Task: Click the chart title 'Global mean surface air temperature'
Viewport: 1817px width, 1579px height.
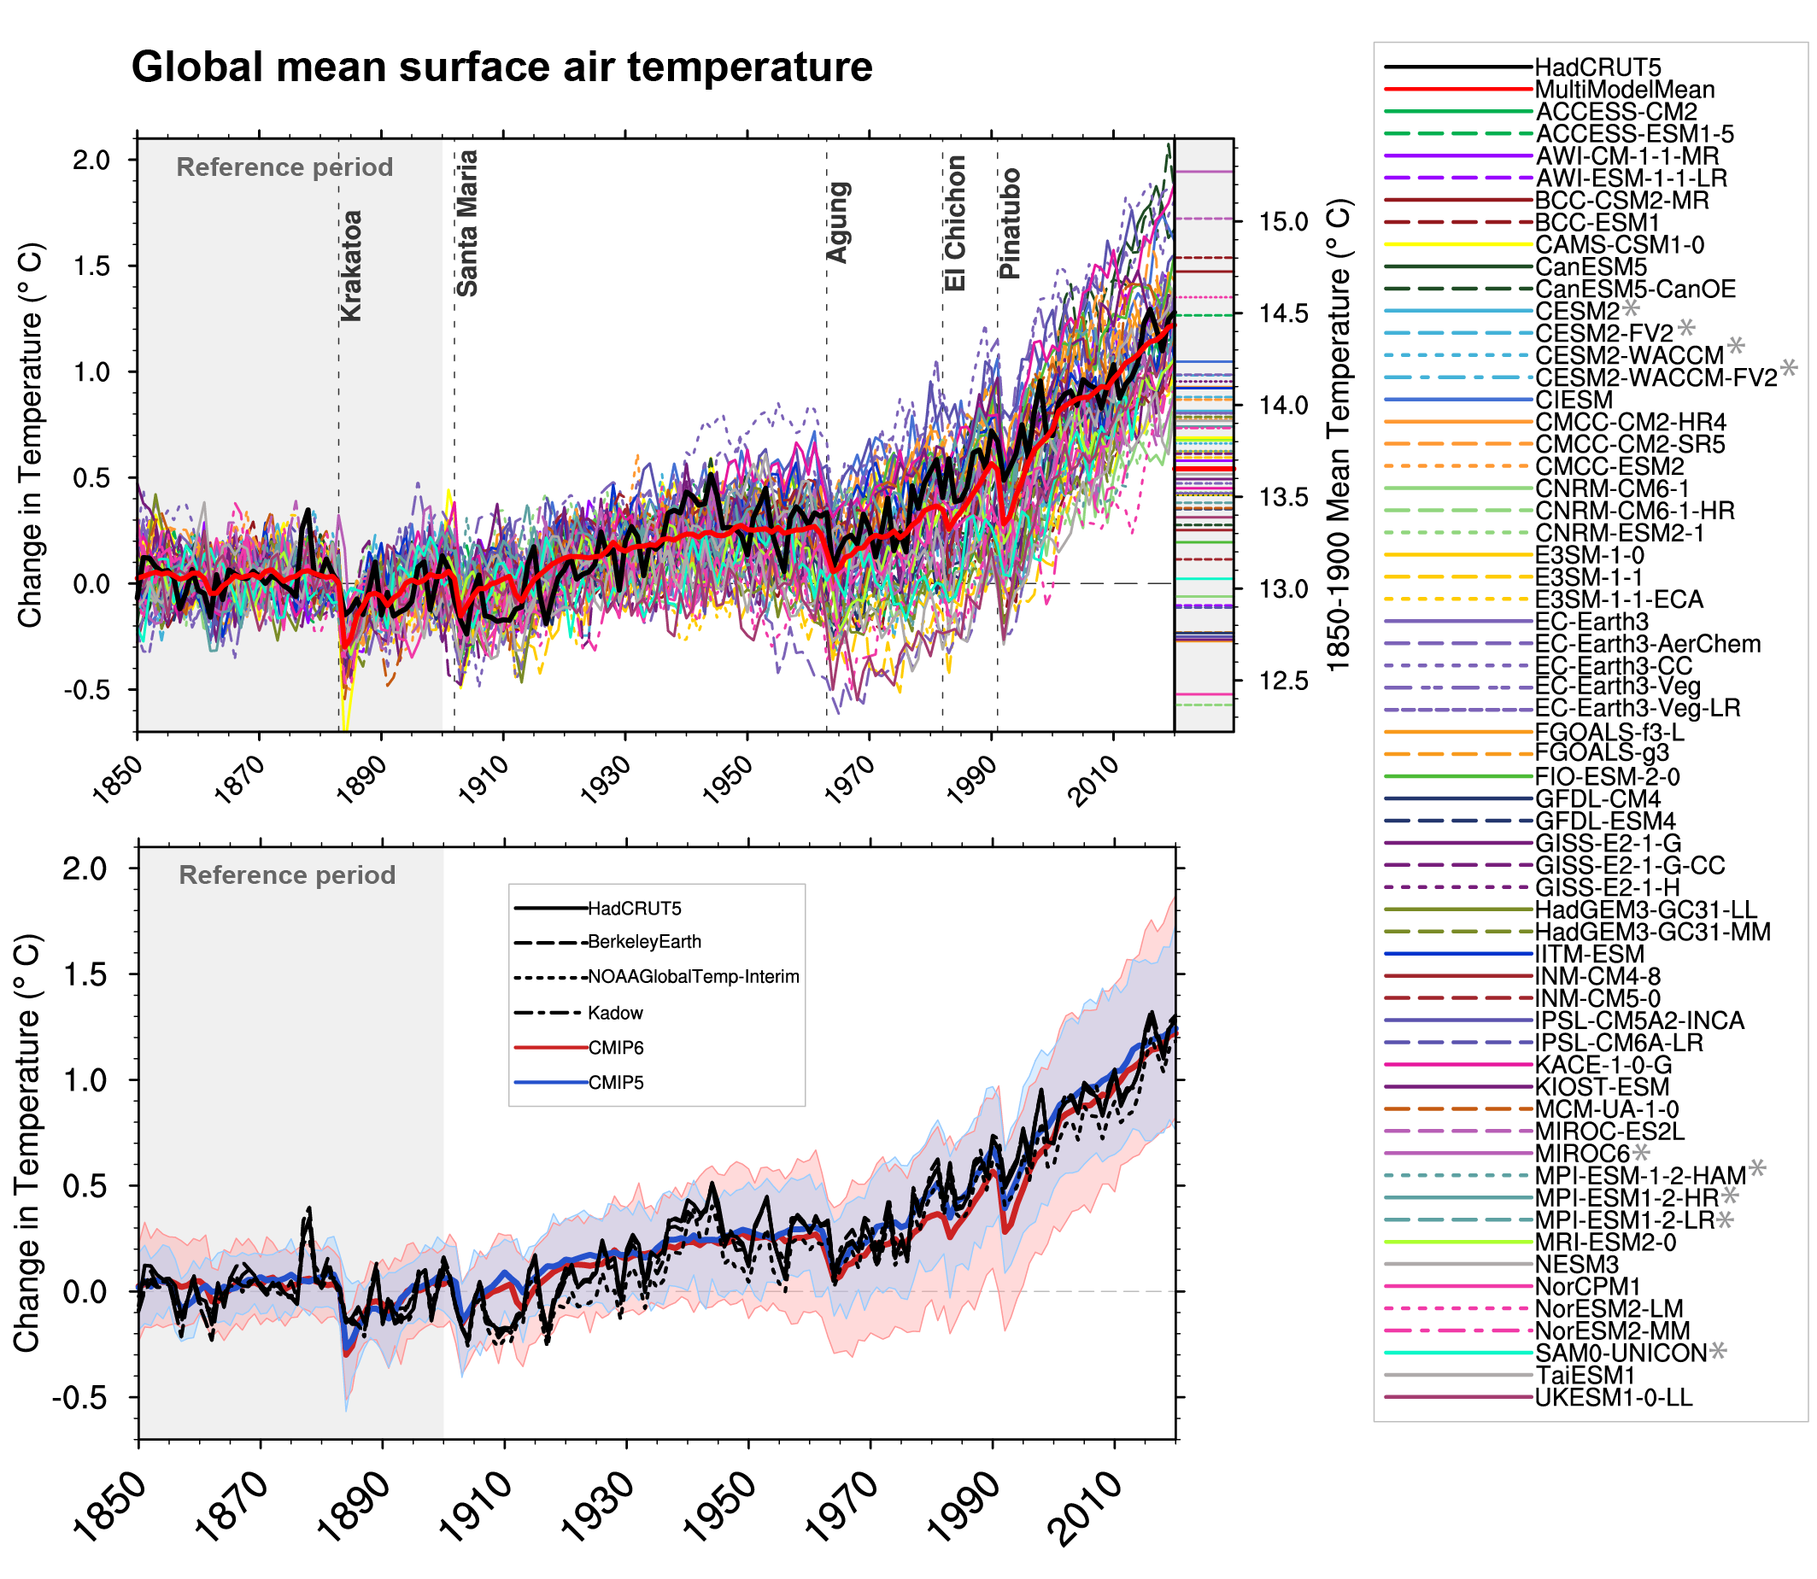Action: (501, 67)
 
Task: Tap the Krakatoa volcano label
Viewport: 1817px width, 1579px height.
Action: (351, 266)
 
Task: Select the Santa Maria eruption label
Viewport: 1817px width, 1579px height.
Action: (467, 223)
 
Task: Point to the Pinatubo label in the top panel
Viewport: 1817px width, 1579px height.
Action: (1010, 224)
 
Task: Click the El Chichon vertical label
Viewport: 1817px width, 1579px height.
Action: (955, 223)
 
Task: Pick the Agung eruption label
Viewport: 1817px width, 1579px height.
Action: (838, 222)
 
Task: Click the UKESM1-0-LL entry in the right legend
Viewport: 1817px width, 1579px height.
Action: (1613, 1397)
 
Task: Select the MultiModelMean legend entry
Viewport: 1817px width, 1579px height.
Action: (1624, 90)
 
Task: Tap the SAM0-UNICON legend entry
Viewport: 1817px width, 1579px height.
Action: (1621, 1354)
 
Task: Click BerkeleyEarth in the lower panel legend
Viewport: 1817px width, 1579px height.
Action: (644, 942)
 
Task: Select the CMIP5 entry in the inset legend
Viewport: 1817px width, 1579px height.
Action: (616, 1083)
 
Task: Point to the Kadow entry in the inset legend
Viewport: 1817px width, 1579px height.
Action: (615, 1014)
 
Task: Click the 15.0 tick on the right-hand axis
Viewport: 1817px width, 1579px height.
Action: (1283, 221)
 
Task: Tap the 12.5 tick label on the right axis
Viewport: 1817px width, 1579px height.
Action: (1283, 681)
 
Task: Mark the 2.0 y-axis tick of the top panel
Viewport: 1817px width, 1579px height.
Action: (91, 160)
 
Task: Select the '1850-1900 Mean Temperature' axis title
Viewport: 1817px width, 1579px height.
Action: (1339, 436)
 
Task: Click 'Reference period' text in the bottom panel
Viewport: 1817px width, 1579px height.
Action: (287, 875)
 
